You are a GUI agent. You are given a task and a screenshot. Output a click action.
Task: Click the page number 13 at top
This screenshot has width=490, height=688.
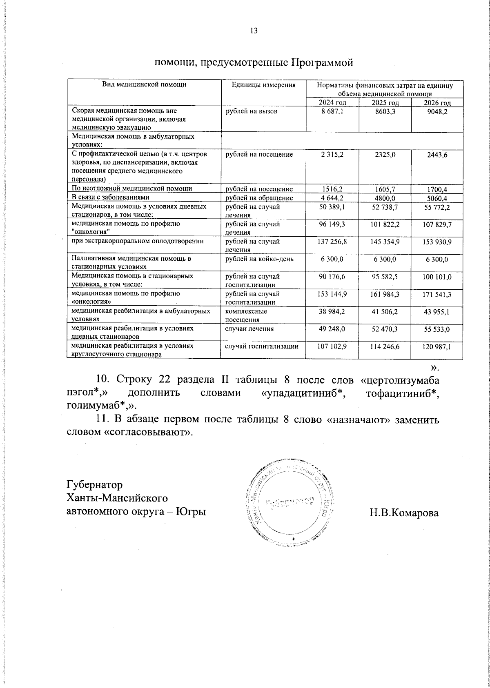coord(254,31)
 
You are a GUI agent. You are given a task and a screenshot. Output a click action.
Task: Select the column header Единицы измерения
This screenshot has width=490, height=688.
coord(263,85)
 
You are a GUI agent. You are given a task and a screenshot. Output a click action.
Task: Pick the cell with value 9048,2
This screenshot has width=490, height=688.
coord(437,112)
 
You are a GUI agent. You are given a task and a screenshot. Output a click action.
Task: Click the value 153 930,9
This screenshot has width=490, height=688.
coord(437,242)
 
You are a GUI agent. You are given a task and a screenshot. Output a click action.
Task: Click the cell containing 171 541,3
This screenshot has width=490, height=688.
coord(437,294)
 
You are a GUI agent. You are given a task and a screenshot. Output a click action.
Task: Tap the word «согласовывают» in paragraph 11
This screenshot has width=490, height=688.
coord(147,432)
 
